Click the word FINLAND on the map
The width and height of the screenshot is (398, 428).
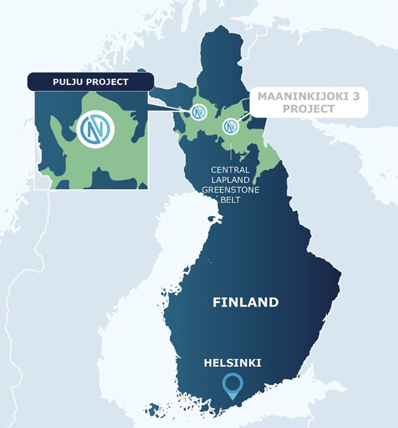246,302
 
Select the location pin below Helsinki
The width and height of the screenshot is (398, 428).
233,385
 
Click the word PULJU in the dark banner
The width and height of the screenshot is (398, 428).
68,82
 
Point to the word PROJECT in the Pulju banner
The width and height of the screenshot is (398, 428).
107,82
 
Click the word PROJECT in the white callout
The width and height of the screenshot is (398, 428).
309,109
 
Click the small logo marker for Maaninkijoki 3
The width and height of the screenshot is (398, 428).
231,126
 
